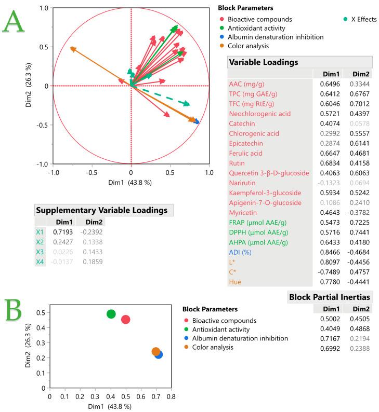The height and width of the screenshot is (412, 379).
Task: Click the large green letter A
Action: [x=15, y=24]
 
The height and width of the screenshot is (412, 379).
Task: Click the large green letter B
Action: [x=16, y=310]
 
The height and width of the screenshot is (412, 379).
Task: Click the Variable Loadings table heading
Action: [x=264, y=62]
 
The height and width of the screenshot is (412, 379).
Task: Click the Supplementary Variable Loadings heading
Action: [x=103, y=210]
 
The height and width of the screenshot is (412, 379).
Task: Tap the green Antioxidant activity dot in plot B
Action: [x=111, y=314]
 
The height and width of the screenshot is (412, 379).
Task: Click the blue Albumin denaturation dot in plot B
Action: [x=158, y=354]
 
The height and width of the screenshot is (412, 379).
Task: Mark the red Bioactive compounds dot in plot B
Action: [x=125, y=319]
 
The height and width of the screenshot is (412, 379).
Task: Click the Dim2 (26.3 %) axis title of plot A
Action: [x=31, y=86]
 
